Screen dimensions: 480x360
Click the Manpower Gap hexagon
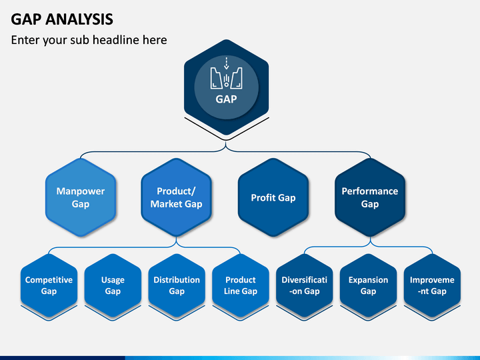click(x=81, y=197)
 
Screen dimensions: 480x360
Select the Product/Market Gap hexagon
click(x=176, y=197)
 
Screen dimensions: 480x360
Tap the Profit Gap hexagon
click(x=273, y=197)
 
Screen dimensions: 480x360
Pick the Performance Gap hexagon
click(x=370, y=197)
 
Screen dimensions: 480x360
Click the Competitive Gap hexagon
click(x=49, y=285)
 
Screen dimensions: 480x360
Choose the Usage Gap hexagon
click(x=113, y=285)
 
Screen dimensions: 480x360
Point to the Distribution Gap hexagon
click(x=177, y=285)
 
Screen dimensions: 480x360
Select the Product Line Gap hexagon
click(x=241, y=285)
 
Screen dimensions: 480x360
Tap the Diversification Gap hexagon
click(x=304, y=285)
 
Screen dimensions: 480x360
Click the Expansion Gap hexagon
click(x=368, y=285)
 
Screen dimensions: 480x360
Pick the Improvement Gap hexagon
click(x=432, y=285)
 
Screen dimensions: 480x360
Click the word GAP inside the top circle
click(x=226, y=99)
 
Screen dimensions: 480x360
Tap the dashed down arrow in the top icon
click(x=226, y=63)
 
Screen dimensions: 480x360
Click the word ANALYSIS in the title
click(x=79, y=19)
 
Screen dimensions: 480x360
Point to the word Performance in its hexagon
click(x=370, y=191)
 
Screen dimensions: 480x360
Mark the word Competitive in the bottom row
click(x=49, y=280)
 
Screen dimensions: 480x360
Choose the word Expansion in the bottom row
click(x=368, y=280)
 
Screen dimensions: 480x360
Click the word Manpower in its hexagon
click(x=81, y=191)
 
